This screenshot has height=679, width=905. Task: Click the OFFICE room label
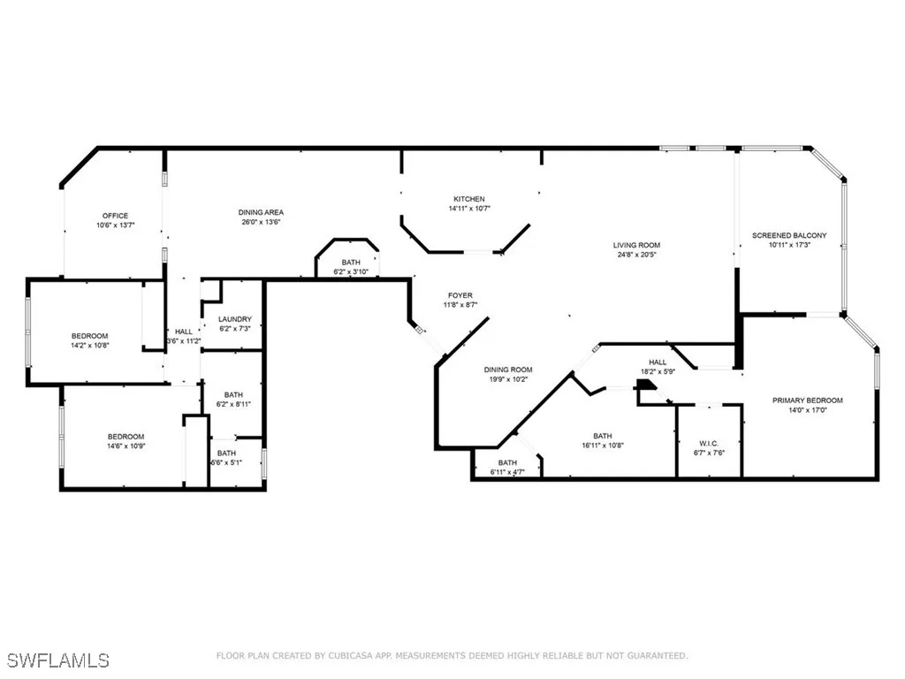coord(115,216)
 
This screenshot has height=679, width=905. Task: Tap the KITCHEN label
coord(469,199)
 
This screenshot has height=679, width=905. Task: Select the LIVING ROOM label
coord(636,245)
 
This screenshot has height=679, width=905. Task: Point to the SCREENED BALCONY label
coord(789,235)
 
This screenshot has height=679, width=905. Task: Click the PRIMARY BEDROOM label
coord(807,401)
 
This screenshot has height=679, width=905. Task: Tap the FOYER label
coord(460,295)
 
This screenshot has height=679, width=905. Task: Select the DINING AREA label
coord(261,212)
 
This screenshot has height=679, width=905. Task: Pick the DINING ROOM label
coord(508,370)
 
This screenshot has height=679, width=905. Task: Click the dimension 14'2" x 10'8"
coord(89,345)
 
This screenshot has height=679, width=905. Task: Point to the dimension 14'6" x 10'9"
coord(125,446)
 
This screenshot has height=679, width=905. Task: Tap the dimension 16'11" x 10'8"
coord(602,446)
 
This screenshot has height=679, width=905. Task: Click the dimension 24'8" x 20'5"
coord(636,255)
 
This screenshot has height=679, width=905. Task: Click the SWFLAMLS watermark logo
coord(57,660)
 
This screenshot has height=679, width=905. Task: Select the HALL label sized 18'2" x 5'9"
coord(658,362)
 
